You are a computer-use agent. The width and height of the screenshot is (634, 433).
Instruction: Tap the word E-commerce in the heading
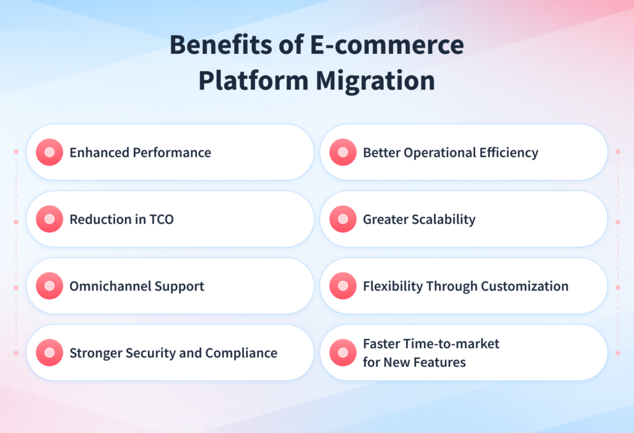pos(384,46)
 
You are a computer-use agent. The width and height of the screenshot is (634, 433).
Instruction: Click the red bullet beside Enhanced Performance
pos(50,152)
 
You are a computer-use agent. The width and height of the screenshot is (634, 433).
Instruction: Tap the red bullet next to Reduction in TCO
pos(50,219)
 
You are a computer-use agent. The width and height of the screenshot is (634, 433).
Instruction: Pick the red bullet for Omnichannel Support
pos(50,286)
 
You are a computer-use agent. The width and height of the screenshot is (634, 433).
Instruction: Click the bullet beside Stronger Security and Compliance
pos(50,353)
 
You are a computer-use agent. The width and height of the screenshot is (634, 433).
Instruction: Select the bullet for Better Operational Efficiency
pos(343,152)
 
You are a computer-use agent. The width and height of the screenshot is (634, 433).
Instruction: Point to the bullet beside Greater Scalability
pos(343,219)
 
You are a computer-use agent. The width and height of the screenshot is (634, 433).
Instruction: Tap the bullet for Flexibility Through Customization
pos(343,286)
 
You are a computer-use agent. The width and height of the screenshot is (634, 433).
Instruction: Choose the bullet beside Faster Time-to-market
pos(343,353)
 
